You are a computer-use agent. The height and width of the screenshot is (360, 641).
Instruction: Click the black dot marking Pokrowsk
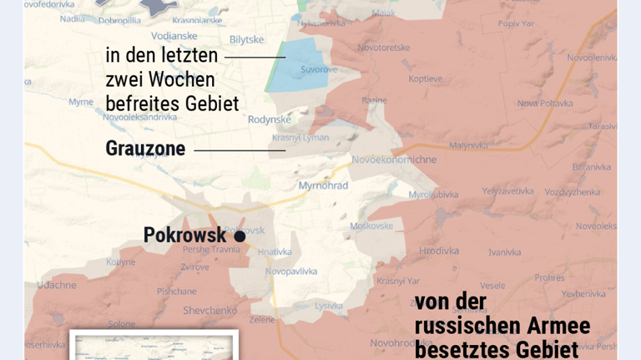[240, 236]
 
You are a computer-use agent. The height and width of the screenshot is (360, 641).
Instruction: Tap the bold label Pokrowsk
[184, 236]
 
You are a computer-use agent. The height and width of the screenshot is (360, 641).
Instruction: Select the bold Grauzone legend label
[145, 149]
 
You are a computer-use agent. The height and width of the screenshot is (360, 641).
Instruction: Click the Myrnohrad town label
[323, 185]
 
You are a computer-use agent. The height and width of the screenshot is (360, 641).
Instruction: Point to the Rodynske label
[270, 119]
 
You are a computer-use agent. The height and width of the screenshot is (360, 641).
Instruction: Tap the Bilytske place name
[246, 39]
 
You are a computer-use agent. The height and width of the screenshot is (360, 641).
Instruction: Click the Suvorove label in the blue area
[319, 69]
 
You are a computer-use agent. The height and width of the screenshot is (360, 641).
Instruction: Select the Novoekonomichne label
[394, 160]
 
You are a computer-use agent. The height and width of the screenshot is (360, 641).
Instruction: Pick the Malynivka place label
[468, 145]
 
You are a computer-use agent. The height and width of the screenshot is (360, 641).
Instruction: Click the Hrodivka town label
[439, 251]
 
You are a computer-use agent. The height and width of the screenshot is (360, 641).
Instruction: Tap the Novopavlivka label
[291, 271]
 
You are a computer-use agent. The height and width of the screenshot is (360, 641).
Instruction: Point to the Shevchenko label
[210, 310]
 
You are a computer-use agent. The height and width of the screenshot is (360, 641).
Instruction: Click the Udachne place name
[57, 285]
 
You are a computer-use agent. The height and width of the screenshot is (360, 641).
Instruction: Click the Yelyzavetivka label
[507, 191]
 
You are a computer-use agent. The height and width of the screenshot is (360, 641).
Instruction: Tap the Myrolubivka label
[433, 195]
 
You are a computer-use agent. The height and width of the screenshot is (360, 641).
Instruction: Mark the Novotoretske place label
[384, 48]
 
